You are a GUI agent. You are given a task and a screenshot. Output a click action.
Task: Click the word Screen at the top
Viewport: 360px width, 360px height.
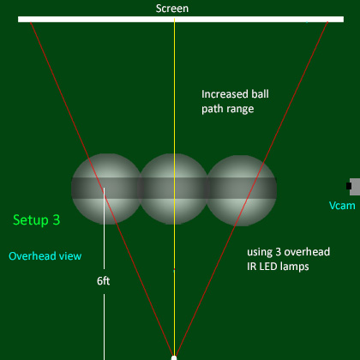(172, 9)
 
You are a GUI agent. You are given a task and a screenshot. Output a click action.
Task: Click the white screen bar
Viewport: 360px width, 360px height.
(181, 19)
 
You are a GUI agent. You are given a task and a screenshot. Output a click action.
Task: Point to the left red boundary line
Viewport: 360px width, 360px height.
(102, 189)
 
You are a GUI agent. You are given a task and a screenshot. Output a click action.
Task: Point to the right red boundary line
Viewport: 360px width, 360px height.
(251, 189)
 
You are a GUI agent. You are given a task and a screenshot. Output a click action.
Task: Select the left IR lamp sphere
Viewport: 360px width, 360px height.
(106, 189)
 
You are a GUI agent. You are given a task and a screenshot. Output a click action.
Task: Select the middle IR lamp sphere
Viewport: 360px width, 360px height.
(173, 189)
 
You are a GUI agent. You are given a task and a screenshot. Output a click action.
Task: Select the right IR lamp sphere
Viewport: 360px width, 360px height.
(242, 190)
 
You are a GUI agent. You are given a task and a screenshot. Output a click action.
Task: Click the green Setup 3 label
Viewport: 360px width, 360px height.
(37, 220)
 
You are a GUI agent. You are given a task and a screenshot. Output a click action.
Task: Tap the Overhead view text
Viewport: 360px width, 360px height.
(45, 256)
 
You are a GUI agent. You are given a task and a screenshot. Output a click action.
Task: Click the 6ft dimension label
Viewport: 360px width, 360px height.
(103, 281)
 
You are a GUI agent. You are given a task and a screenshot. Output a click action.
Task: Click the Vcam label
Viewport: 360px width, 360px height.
(342, 206)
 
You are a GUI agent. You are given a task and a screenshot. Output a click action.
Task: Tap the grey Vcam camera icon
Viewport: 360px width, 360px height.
(354, 187)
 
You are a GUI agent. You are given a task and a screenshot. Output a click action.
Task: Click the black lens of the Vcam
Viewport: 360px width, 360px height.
(349, 186)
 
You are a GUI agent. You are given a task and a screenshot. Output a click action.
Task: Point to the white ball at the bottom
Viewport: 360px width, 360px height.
(174, 357)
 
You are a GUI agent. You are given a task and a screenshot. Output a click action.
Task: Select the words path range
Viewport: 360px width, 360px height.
(228, 109)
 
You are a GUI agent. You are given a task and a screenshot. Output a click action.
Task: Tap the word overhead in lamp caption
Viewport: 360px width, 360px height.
(307, 252)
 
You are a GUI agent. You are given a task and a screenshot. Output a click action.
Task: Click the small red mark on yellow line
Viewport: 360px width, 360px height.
(174, 269)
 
